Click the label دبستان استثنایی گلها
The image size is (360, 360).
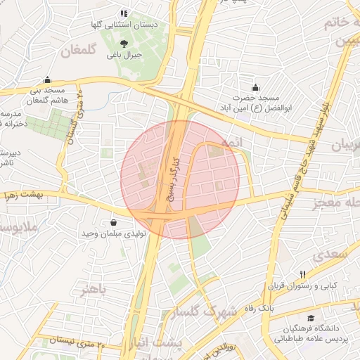(x=123, y=24)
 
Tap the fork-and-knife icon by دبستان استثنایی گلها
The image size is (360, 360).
(x=124, y=13)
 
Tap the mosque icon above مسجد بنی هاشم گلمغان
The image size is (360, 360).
(x=47, y=80)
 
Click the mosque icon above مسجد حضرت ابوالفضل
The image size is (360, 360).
(x=254, y=86)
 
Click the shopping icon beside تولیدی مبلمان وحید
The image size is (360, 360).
(x=113, y=223)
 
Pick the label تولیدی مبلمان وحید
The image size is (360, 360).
(x=113, y=233)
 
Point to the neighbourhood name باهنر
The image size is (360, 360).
(x=94, y=290)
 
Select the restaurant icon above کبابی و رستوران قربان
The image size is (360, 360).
(x=303, y=274)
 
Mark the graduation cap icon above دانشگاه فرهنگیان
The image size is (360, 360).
(x=310, y=318)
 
